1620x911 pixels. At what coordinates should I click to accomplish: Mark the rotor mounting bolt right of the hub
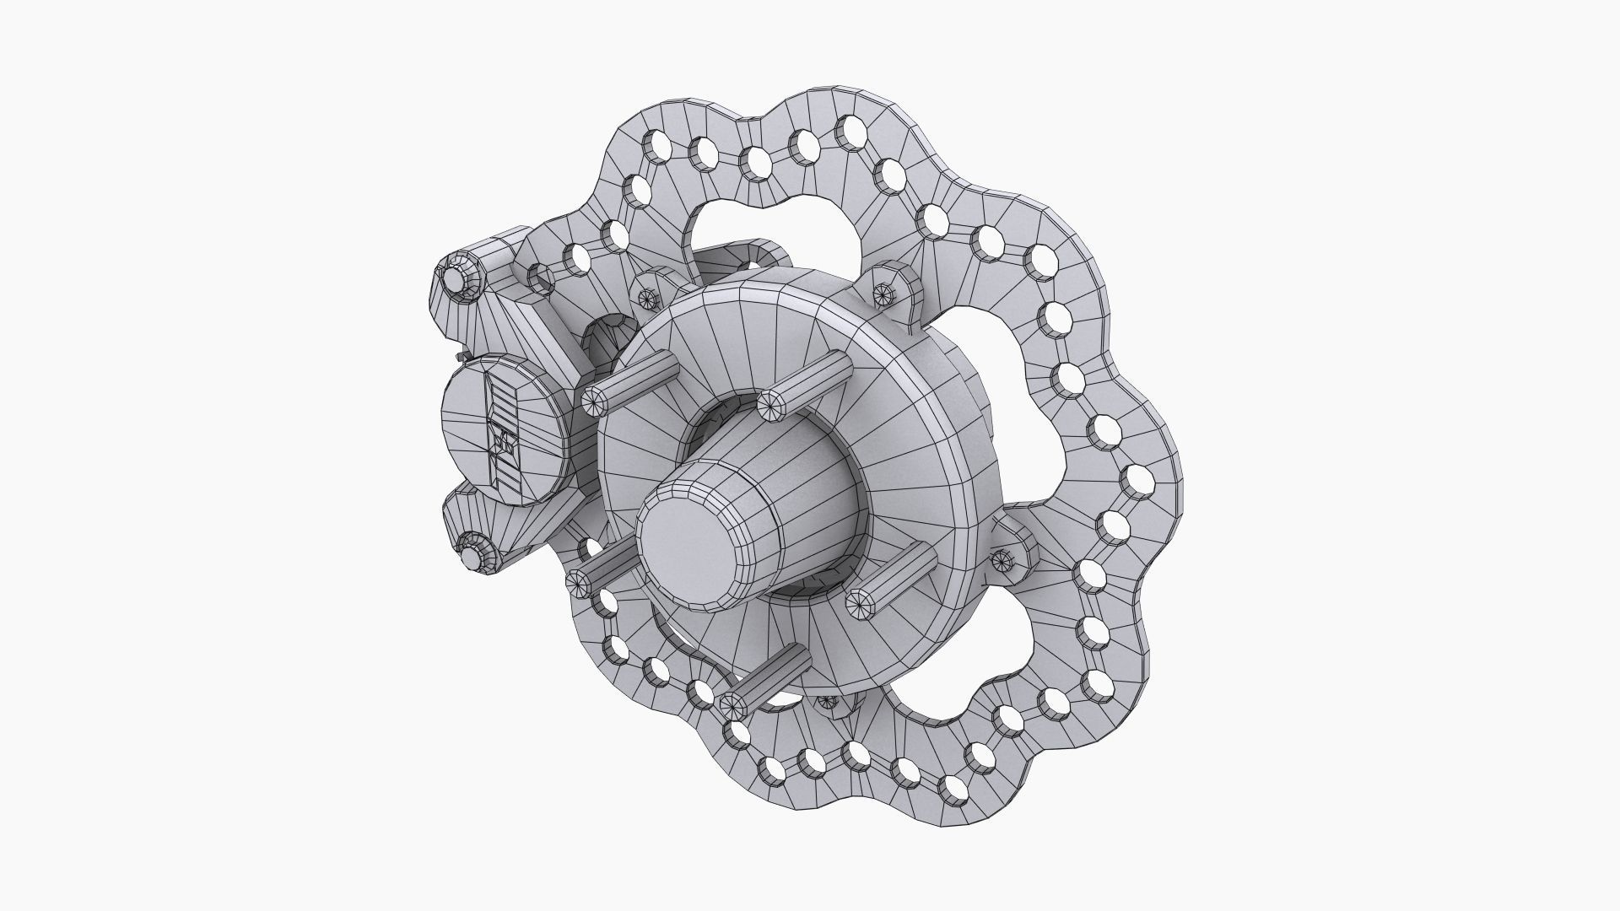(x=1004, y=557)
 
